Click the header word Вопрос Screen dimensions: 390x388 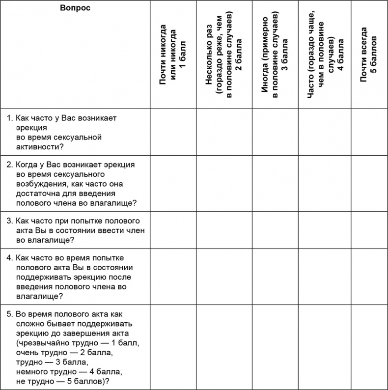tap(75, 8)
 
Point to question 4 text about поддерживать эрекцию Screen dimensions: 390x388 tap(74, 277)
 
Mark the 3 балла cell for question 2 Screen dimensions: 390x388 tap(275, 183)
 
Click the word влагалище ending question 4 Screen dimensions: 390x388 tap(36, 296)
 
